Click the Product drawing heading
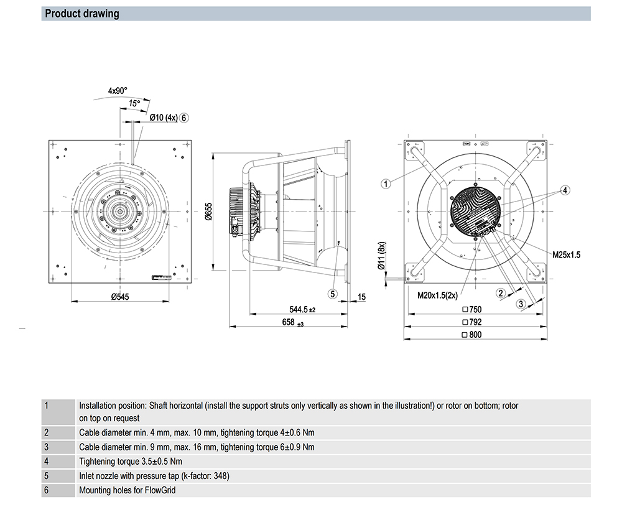click(x=82, y=14)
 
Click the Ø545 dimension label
click(x=119, y=297)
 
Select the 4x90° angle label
click(x=118, y=91)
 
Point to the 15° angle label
click(x=134, y=103)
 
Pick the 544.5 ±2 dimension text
click(x=303, y=309)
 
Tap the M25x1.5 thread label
click(x=566, y=255)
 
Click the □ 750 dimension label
click(x=472, y=309)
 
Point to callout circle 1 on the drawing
click(x=386, y=183)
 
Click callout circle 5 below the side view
click(x=333, y=294)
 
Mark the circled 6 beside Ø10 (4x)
click(x=185, y=117)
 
